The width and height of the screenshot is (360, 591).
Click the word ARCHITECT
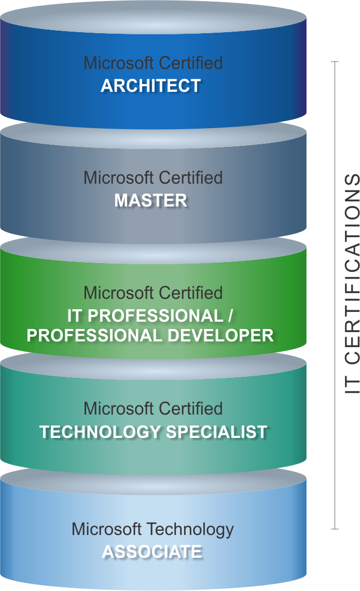150,86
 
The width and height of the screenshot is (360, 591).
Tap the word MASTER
150,200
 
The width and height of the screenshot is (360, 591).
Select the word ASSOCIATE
152,552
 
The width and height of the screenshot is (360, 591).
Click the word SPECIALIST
217,432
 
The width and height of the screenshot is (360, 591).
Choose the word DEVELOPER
220,335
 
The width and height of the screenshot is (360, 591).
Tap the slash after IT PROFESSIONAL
230,316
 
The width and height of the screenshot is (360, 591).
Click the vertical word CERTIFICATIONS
352,269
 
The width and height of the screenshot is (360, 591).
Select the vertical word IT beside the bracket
352,384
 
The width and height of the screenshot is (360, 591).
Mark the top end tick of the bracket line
335,61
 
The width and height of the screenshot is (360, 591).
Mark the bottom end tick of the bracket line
335,529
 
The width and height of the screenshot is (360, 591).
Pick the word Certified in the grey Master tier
191,177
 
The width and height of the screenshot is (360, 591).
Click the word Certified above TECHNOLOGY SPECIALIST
191,408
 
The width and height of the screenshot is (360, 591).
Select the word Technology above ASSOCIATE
190,530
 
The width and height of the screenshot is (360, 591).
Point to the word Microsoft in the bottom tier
107,529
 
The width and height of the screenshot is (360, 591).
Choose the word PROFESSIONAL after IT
155,316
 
